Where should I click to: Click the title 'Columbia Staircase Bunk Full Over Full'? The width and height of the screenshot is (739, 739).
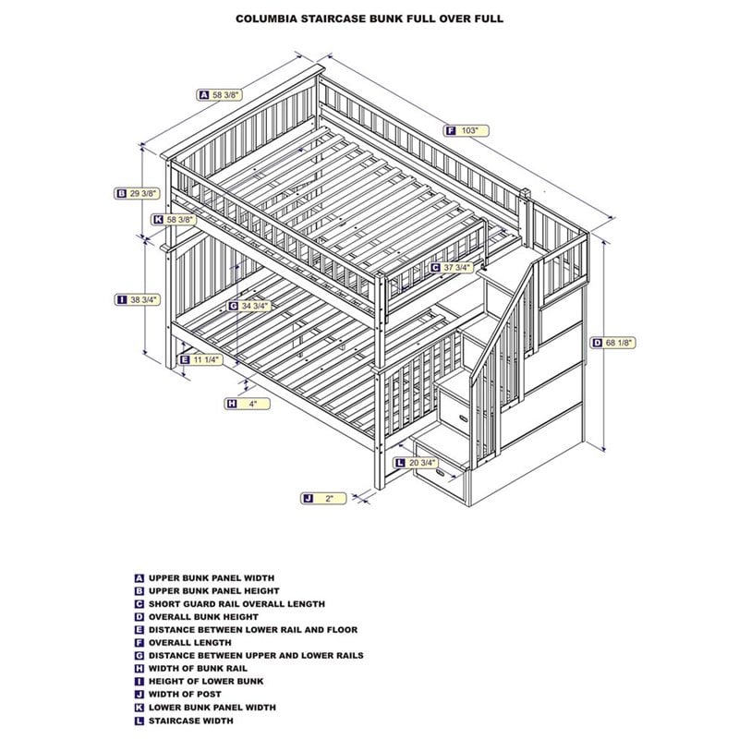click(369, 18)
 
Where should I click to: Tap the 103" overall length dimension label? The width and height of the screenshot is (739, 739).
click(470, 131)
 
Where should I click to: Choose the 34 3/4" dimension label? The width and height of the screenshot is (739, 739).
click(254, 306)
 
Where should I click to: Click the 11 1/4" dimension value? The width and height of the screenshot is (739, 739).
click(208, 359)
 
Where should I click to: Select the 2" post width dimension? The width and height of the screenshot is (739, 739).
click(330, 498)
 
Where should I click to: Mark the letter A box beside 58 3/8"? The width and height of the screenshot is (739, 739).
click(202, 94)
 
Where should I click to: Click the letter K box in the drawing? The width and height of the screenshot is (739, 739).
click(158, 220)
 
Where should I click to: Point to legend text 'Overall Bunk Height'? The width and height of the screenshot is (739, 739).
click(203, 616)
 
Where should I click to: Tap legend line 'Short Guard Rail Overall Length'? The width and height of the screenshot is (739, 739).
click(236, 603)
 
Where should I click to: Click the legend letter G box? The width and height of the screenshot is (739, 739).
click(139, 655)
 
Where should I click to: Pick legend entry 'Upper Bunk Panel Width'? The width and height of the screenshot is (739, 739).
click(211, 577)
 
